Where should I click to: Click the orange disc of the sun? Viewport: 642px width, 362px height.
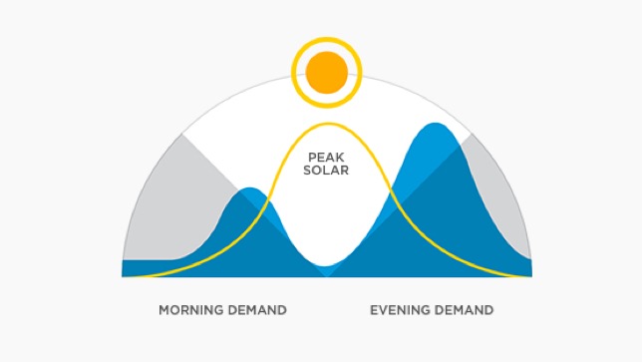(327, 72)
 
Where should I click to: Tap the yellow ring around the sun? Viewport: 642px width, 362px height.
(327, 42)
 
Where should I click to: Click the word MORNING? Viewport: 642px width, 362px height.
(191, 310)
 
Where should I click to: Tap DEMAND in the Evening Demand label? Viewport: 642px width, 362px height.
(464, 310)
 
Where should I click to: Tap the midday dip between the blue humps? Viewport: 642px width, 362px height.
(327, 267)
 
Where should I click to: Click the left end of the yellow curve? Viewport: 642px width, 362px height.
(125, 275)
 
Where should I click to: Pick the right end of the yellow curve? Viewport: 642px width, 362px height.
(529, 275)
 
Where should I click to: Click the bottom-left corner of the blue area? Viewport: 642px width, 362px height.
(123, 276)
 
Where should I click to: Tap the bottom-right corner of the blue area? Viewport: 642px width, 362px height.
(531, 276)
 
